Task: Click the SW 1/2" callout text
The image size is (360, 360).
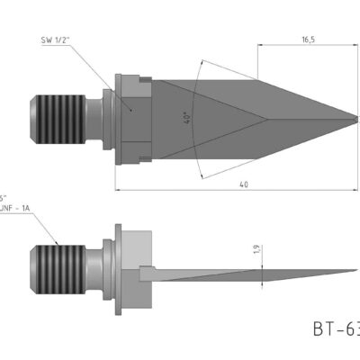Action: click(57, 40)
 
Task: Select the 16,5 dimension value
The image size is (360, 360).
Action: click(307, 40)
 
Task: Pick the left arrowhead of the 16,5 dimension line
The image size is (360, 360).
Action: click(262, 49)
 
